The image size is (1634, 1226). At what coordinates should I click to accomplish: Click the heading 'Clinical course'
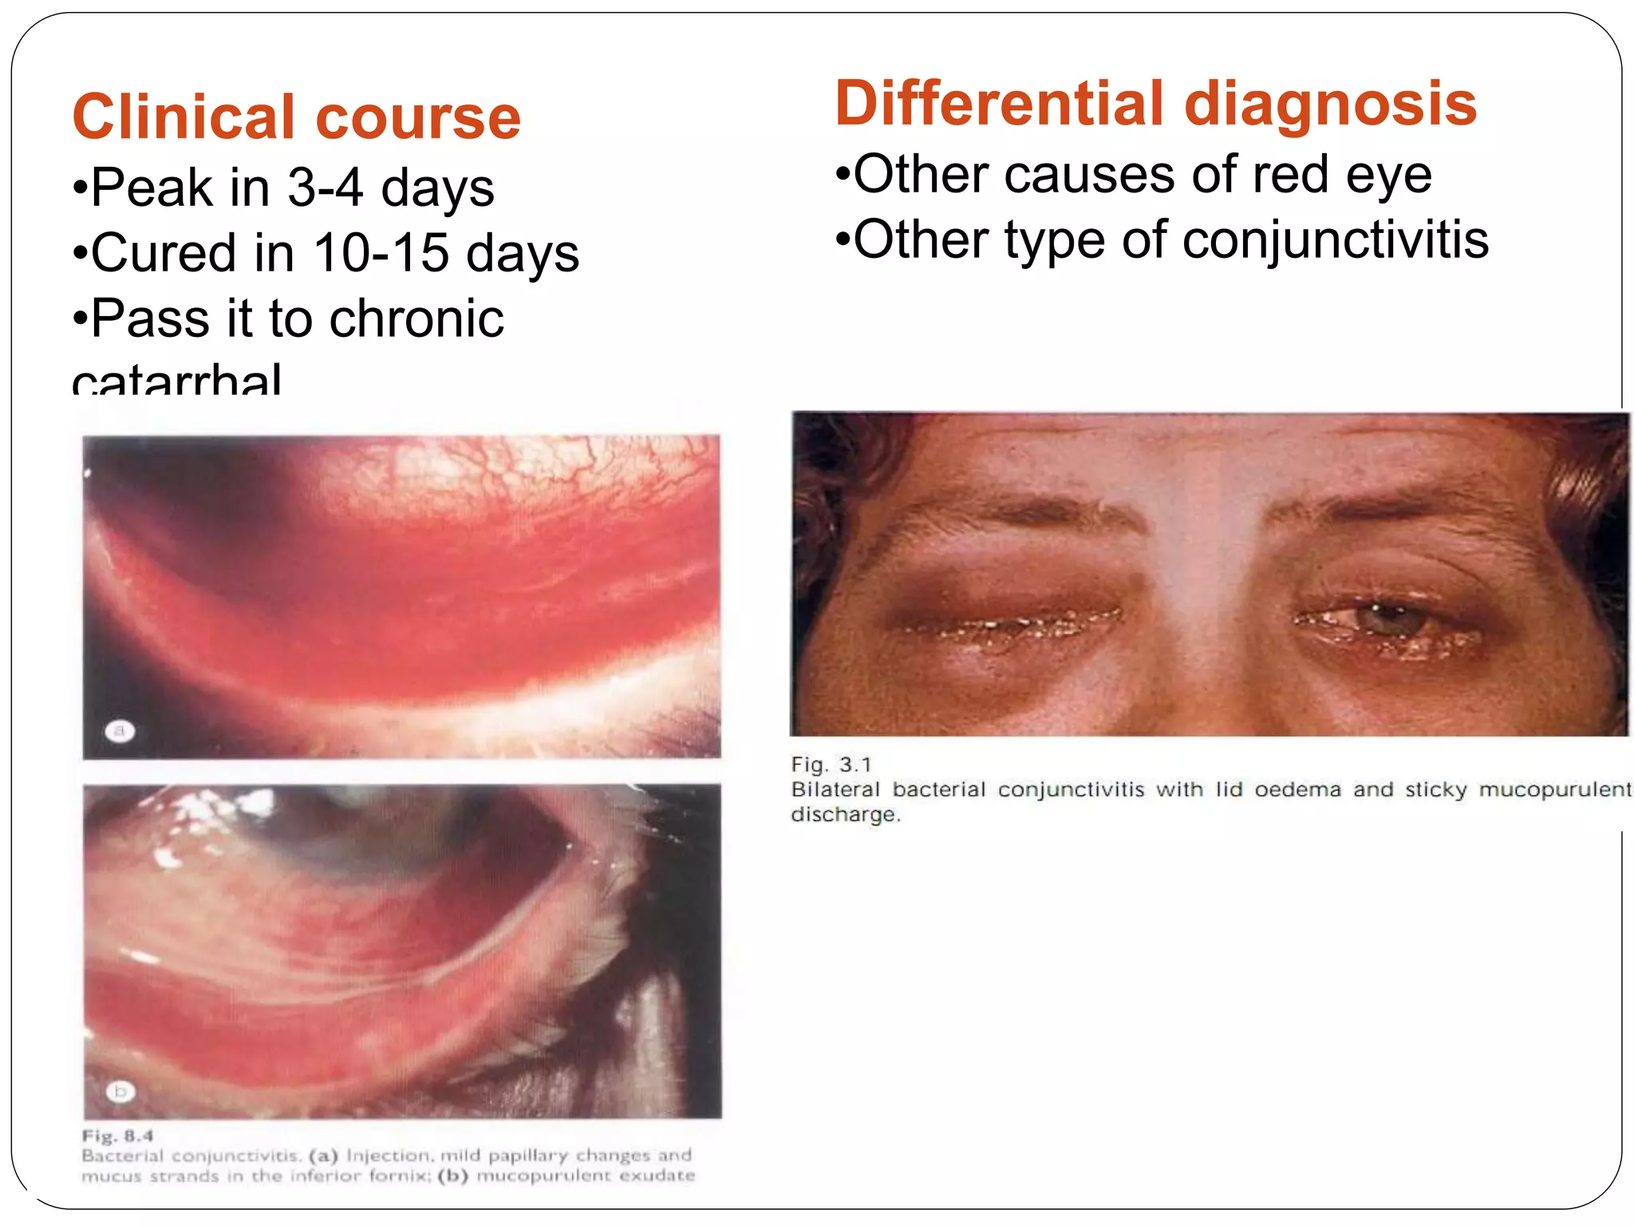pos(296,117)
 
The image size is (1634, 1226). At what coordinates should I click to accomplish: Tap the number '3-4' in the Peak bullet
pos(325,188)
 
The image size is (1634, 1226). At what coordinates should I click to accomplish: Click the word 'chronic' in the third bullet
pos(416,318)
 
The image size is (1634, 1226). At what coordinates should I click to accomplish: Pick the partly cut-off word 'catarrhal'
pos(176,380)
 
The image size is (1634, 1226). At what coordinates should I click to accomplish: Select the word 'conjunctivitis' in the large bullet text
pos(1335,240)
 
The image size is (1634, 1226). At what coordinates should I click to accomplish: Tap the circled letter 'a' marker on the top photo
pos(120,730)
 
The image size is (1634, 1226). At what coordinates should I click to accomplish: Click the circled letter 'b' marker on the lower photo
pos(120,1091)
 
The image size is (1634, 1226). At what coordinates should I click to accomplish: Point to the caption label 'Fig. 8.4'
pos(117,1136)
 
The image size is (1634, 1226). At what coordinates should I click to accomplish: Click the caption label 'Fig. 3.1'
pos(831,765)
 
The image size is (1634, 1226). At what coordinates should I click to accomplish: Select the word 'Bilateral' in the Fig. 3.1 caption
pos(835,789)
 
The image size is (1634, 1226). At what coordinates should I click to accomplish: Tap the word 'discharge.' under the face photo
pos(845,815)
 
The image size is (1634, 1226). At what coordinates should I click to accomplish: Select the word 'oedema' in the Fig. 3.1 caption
pos(1297,789)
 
